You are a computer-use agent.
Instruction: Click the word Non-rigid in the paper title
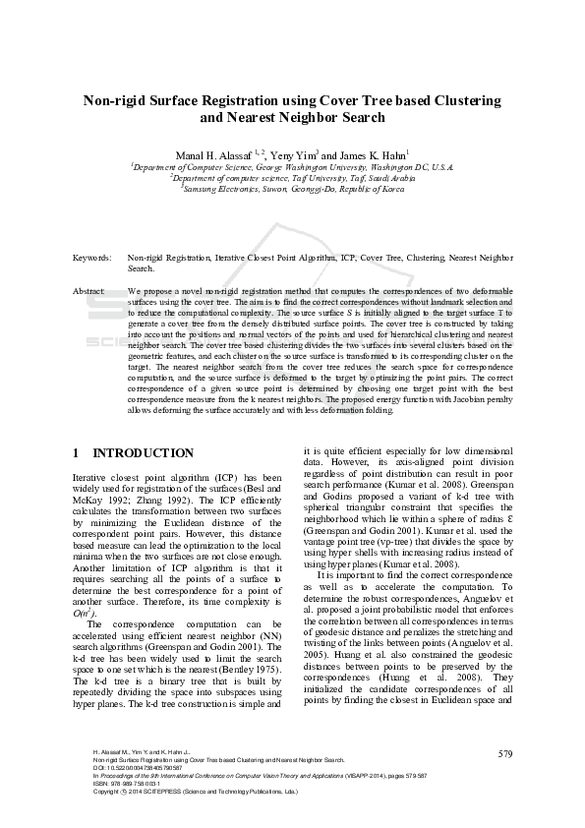(x=116, y=100)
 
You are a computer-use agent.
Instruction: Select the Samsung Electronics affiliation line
(x=292, y=189)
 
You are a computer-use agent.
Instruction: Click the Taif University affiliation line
(x=292, y=178)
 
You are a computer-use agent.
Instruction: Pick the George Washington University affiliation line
(x=292, y=167)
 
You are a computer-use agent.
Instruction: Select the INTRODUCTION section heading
(x=143, y=453)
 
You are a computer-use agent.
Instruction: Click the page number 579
(x=505, y=753)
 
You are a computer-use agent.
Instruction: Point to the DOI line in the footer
(x=138, y=767)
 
